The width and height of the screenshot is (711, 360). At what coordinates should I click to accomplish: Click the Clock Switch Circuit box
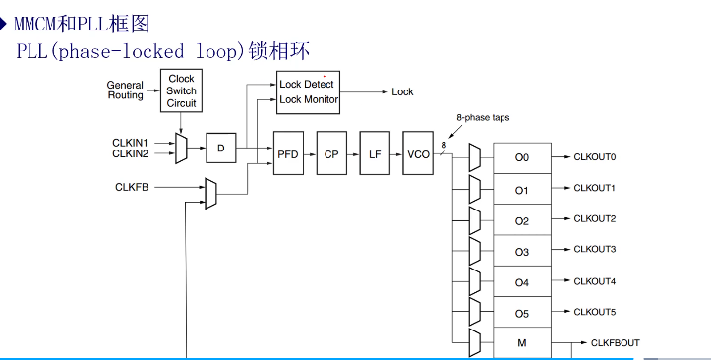tap(181, 90)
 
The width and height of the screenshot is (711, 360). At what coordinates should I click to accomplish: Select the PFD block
tap(288, 155)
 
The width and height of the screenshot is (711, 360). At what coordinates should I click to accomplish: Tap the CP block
tap(332, 155)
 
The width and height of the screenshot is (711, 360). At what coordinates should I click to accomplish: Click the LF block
tap(375, 155)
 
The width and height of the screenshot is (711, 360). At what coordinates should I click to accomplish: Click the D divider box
tap(221, 149)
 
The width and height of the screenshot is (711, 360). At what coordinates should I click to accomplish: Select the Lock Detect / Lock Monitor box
tap(308, 91)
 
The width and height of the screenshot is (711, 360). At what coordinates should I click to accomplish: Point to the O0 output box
tap(521, 157)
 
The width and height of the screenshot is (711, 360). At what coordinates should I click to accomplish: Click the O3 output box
tap(521, 252)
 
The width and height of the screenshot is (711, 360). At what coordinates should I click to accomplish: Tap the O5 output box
tap(521, 314)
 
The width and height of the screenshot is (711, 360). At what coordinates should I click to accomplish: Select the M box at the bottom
tap(521, 343)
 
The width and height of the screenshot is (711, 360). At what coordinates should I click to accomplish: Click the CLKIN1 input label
tap(130, 143)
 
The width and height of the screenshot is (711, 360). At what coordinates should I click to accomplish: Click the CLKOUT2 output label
tap(594, 218)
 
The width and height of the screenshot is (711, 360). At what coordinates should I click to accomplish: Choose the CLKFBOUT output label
tap(615, 342)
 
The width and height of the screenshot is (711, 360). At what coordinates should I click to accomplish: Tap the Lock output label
tap(402, 91)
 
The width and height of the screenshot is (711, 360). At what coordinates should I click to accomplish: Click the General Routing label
tap(125, 90)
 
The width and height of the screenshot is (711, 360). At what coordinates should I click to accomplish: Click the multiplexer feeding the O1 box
tap(475, 188)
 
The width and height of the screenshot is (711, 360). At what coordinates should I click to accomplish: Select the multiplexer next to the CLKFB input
tap(209, 193)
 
